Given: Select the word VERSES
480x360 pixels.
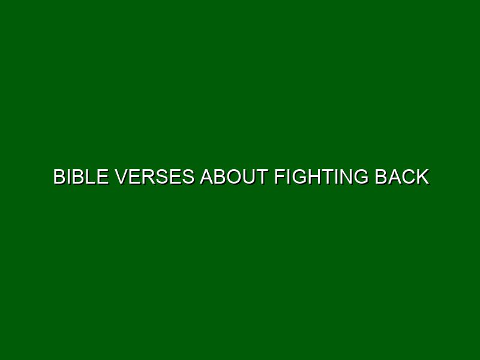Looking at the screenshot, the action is pyautogui.click(x=155, y=177).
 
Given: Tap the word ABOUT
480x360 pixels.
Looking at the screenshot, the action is pyautogui.click(x=234, y=177).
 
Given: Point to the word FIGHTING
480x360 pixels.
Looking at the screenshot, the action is pyautogui.click(x=322, y=177).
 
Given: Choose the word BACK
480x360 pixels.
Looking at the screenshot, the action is pyautogui.click(x=402, y=177).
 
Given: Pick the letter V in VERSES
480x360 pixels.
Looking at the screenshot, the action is pyautogui.click(x=122, y=177).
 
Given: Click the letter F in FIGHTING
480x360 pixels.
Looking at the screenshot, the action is pyautogui.click(x=280, y=177).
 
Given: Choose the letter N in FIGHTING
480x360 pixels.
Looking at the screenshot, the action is pyautogui.click(x=346, y=177).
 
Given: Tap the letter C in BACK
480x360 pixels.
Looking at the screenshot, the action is pyautogui.click(x=409, y=177).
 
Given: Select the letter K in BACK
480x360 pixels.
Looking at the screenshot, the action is pyautogui.click(x=424, y=177).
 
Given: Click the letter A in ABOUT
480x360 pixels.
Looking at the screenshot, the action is pyautogui.click(x=207, y=177).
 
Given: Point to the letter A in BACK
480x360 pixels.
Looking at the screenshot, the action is pyautogui.click(x=395, y=177).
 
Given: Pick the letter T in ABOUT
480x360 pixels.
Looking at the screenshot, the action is pyautogui.click(x=263, y=177).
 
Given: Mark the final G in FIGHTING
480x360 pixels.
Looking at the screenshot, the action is pyautogui.click(x=361, y=177).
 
